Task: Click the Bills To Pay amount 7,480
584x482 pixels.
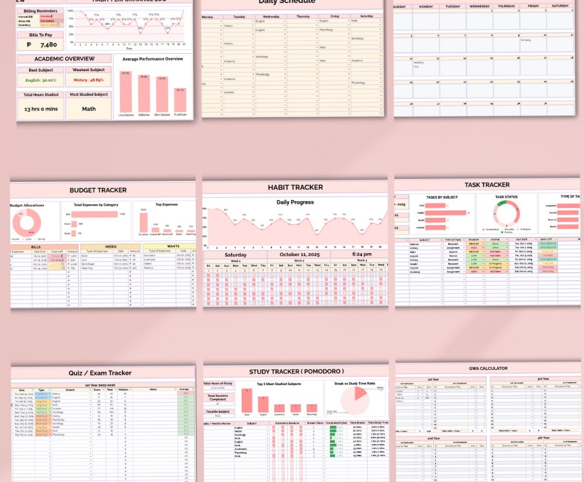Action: point(48,45)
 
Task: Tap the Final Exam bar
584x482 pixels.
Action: point(180,101)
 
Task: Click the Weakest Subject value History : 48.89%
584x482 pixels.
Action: point(89,80)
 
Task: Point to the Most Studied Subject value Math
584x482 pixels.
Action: point(89,109)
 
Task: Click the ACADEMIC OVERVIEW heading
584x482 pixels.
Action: point(65,58)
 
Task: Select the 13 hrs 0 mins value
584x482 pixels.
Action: point(40,109)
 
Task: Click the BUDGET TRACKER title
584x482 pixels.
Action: point(98,190)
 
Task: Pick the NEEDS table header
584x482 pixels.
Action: point(110,245)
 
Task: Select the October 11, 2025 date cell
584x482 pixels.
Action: point(298,254)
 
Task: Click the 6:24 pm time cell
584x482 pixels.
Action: point(360,254)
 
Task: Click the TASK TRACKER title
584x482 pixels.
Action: point(487,185)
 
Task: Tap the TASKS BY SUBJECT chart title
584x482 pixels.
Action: point(442,197)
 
